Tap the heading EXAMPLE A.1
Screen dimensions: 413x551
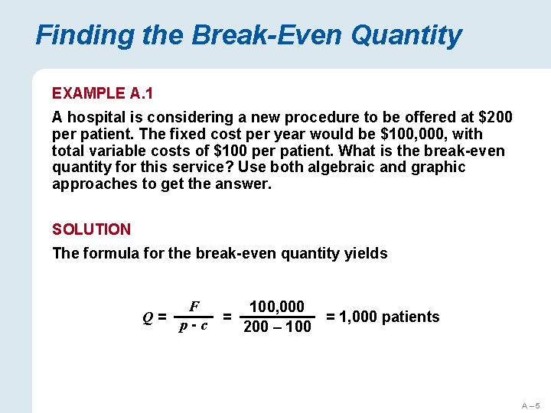[103, 93]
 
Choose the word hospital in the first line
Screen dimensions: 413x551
[96, 118]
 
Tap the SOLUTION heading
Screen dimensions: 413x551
[91, 229]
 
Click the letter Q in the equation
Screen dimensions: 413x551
[148, 317]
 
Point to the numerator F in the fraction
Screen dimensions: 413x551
[194, 306]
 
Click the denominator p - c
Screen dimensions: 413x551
[194, 327]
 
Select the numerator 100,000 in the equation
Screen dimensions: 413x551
[276, 307]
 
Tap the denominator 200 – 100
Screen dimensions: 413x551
[276, 327]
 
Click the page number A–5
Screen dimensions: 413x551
[531, 405]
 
